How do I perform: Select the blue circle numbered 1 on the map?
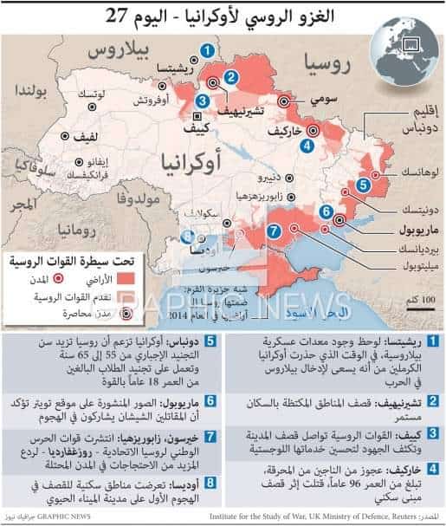207,51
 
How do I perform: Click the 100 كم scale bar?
413,305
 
